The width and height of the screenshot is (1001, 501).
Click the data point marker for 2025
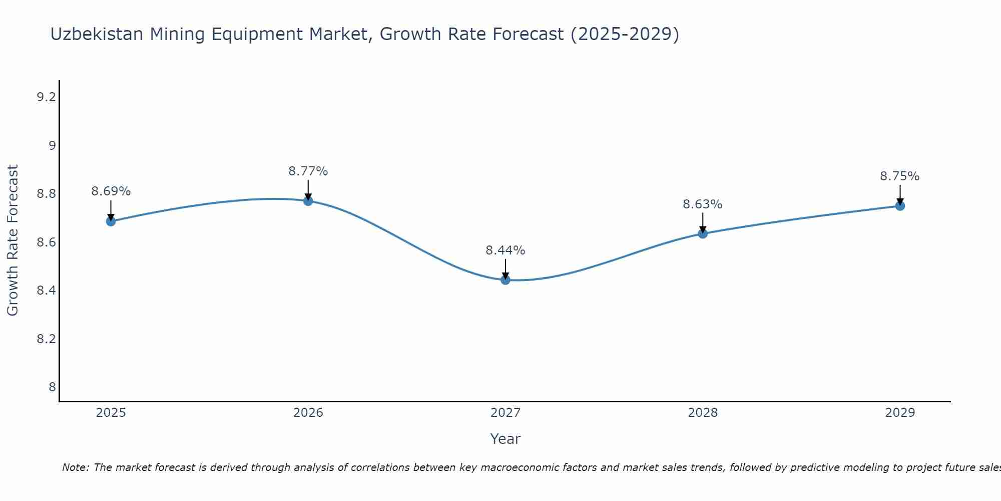point(111,221)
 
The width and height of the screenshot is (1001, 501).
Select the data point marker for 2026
point(308,201)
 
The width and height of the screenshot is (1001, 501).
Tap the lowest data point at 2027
point(506,280)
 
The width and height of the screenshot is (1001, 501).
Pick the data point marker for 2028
point(703,233)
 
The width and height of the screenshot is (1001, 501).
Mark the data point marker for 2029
point(900,205)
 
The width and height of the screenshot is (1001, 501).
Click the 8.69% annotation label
point(111,191)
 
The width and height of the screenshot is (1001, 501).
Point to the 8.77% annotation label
point(308,171)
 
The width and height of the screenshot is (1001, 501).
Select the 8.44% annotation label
point(506,250)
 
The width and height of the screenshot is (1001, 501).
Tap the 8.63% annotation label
point(703,204)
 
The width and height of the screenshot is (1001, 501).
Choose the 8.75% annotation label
point(900,176)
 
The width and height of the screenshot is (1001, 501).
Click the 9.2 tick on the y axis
point(46,97)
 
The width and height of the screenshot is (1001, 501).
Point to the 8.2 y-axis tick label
point(46,339)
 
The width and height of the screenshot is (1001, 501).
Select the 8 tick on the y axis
point(52,387)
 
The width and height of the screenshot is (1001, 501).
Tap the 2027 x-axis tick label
point(506,413)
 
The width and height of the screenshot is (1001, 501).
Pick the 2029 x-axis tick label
point(900,413)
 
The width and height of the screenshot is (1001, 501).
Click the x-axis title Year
point(506,439)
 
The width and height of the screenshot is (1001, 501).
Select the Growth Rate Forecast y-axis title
point(13,240)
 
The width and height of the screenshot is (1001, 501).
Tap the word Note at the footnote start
point(75,467)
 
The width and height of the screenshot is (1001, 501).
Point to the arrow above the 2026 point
point(308,189)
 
